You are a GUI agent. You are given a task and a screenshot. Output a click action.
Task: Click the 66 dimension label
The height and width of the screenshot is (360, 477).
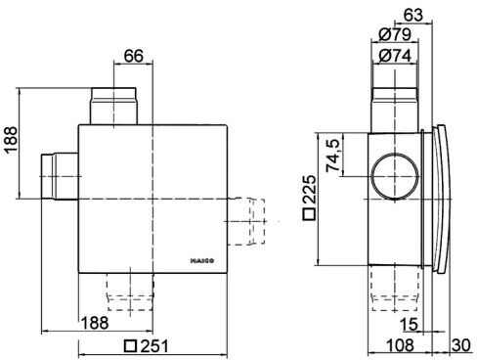pyautogui.click(x=134, y=56)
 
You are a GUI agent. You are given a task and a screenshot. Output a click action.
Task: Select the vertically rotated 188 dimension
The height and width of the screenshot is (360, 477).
pyautogui.click(x=11, y=140)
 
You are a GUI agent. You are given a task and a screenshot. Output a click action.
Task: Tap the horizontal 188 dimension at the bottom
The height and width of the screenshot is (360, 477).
pyautogui.click(x=95, y=323)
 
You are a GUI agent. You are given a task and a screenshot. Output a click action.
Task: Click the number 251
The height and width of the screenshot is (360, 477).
pyautogui.click(x=154, y=346)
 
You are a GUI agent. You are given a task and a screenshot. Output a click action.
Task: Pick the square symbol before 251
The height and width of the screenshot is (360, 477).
pyautogui.click(x=131, y=346)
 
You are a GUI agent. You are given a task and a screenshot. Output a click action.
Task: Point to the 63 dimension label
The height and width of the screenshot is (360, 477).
pyautogui.click(x=413, y=15)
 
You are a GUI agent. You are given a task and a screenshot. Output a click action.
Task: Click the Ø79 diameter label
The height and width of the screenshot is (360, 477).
pyautogui.click(x=395, y=34)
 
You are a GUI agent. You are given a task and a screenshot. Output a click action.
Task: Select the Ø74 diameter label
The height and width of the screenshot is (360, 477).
pyautogui.click(x=395, y=56)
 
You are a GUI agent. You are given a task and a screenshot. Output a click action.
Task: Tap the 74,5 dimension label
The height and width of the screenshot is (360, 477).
pyautogui.click(x=333, y=156)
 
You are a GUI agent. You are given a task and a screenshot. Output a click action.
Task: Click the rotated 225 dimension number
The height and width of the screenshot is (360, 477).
pyautogui.click(x=309, y=190)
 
